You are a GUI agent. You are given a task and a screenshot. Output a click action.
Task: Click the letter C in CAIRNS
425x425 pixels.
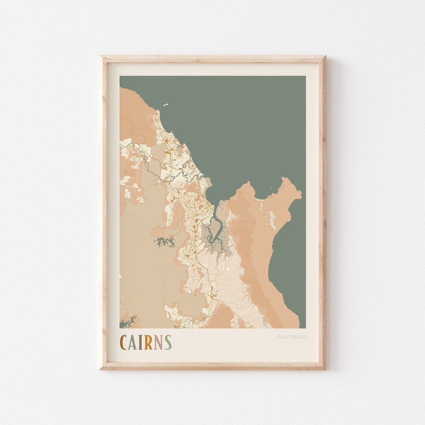pos(123,342)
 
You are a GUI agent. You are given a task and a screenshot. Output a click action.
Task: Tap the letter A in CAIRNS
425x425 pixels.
pos(133,342)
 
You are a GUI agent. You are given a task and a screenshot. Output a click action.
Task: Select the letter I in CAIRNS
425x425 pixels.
pos(140,342)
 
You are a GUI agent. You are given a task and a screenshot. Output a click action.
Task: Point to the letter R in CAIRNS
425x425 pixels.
pos(148,342)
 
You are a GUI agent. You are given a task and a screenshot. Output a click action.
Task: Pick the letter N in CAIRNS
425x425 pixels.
pos(158,342)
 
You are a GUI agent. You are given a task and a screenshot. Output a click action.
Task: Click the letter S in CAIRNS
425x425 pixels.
pos(168,342)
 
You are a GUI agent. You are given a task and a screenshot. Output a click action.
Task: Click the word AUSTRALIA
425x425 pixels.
pos(291,337)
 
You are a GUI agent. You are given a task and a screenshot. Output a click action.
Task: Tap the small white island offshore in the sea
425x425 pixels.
pos(166,105)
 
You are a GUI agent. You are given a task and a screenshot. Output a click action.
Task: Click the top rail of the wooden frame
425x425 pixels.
pos(213,59)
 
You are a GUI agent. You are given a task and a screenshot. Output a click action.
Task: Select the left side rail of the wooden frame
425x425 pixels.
pos(103,213)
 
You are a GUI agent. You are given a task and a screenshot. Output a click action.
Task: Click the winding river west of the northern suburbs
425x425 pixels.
pos(150,167)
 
